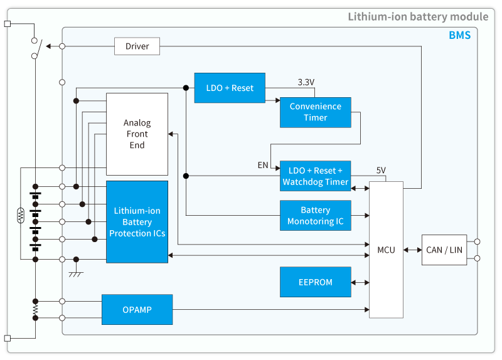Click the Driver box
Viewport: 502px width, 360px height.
coord(137,46)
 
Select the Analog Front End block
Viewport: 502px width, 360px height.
coord(137,134)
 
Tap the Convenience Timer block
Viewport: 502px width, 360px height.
coord(315,112)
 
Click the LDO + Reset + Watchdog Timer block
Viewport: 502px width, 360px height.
coord(315,176)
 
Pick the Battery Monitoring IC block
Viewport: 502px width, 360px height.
coord(315,216)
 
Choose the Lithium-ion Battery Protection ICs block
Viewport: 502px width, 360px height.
coord(137,222)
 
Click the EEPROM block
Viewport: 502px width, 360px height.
coord(315,282)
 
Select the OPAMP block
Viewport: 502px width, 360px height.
coord(137,309)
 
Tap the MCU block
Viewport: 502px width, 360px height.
coord(386,250)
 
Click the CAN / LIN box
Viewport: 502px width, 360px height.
coord(444,250)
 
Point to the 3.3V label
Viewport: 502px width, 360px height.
coord(306,82)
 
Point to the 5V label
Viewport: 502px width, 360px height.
coord(381,171)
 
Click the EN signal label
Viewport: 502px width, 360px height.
coord(263,166)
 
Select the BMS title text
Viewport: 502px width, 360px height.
coord(459,36)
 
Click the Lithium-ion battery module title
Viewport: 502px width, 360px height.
coord(418,16)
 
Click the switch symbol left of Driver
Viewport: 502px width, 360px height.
coord(36,48)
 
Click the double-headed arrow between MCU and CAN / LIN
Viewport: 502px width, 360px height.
coord(412,250)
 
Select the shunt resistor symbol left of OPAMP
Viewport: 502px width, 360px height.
coord(36,310)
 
